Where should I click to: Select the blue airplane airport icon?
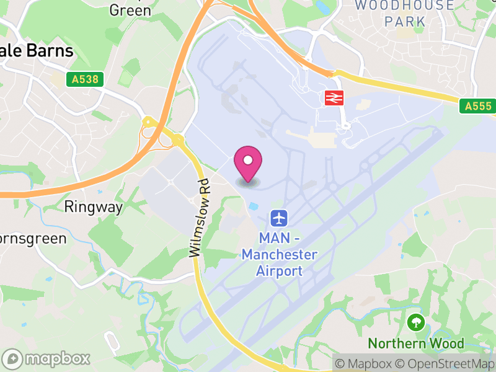click(x=279, y=218)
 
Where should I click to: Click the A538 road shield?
click(x=84, y=79)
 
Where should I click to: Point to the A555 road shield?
click(x=479, y=107)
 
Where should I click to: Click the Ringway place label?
click(x=94, y=207)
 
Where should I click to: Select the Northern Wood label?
click(x=415, y=343)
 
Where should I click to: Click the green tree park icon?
click(x=415, y=322)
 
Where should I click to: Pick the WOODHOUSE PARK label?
click(x=404, y=13)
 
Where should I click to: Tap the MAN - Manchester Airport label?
click(x=279, y=254)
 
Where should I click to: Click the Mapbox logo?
click(x=47, y=358)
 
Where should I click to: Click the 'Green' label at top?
click(x=130, y=10)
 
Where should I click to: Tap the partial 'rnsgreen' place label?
click(x=32, y=239)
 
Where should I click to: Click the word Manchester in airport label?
click(x=279, y=255)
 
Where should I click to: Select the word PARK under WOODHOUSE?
click(x=404, y=22)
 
